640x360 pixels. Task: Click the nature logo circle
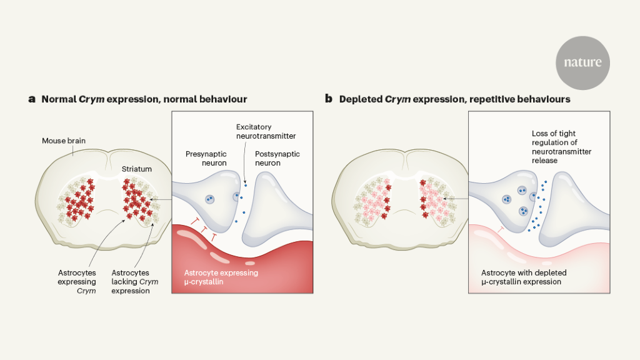coord(582,62)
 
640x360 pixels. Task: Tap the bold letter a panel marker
coord(32,99)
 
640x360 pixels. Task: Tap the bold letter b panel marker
coord(328,99)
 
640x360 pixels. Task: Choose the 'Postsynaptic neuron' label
coord(279,158)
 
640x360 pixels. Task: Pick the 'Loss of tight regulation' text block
coord(562,147)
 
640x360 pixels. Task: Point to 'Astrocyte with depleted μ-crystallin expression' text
coord(521,277)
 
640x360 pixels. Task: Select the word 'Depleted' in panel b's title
coord(361,99)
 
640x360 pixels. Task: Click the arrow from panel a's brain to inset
coord(161,199)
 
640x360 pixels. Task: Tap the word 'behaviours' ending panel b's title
coord(541,99)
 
